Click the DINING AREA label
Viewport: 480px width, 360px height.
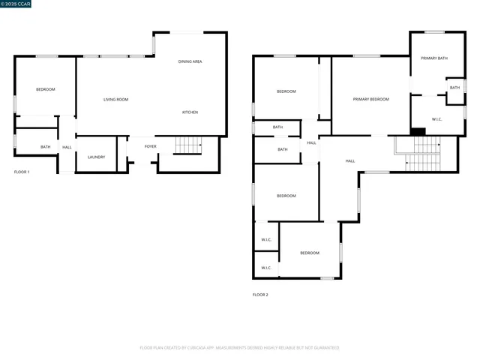190,61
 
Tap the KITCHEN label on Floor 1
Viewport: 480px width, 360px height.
190,112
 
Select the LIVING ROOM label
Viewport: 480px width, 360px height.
115,100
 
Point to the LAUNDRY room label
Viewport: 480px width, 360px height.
96,157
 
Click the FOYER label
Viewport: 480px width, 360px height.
150,146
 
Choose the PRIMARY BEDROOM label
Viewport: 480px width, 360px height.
370,99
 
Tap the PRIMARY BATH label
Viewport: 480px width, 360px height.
433,58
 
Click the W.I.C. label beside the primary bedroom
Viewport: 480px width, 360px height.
437,119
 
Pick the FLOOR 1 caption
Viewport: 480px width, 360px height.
22,172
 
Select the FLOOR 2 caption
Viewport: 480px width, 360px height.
260,295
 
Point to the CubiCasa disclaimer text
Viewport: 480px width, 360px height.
239,348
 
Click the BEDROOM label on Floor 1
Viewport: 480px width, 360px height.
46,89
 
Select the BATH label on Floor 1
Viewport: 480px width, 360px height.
46,147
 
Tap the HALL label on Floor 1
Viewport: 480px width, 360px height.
67,147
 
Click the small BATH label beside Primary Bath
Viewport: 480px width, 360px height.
454,88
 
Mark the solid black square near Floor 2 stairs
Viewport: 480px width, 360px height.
418,132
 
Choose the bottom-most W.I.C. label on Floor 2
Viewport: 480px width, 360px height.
266,267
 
